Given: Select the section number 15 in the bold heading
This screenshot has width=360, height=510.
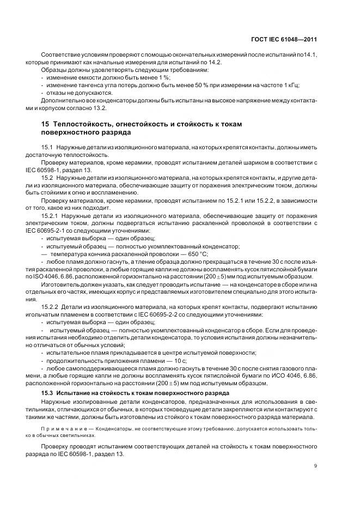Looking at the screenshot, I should (x=46, y=124).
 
